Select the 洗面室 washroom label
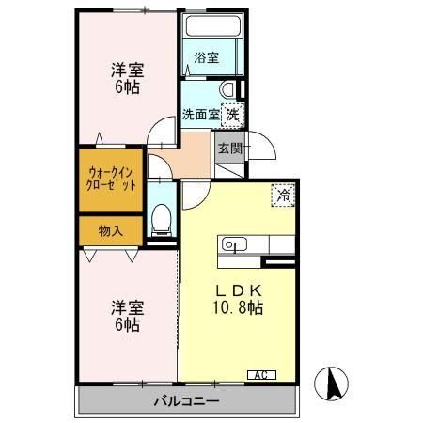pos(199,114)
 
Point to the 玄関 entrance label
pos(229,149)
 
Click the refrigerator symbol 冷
pos(282,196)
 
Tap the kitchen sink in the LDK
pos(233,245)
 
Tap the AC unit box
pos(262,375)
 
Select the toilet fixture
pos(162,219)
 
